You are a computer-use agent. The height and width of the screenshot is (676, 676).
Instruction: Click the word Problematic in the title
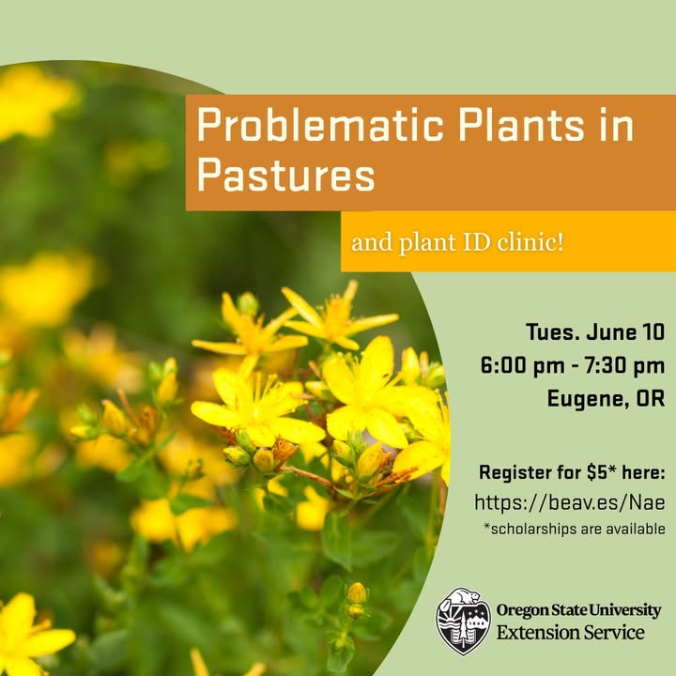pos(320,125)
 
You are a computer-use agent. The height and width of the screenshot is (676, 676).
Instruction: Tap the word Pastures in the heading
pos(286,176)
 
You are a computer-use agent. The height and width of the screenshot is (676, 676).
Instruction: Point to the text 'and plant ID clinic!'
pos(457,242)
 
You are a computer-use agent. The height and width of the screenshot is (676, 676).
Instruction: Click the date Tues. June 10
pos(595,332)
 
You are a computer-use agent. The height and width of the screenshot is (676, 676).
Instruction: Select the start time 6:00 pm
pos(523,365)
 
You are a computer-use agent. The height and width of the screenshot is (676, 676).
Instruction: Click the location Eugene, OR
pos(607,398)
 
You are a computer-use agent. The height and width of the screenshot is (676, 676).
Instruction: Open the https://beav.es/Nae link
pos(570,502)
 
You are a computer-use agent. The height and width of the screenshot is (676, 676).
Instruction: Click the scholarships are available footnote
pos(575,529)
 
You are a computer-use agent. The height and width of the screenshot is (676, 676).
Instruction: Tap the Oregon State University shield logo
pos(463,622)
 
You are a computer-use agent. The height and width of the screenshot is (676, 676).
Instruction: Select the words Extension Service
pos(571,633)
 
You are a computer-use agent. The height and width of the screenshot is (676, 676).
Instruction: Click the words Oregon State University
pos(578,610)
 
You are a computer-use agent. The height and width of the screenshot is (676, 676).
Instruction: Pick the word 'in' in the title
pos(618,125)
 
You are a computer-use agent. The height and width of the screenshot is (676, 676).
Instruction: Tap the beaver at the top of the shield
pos(466,597)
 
